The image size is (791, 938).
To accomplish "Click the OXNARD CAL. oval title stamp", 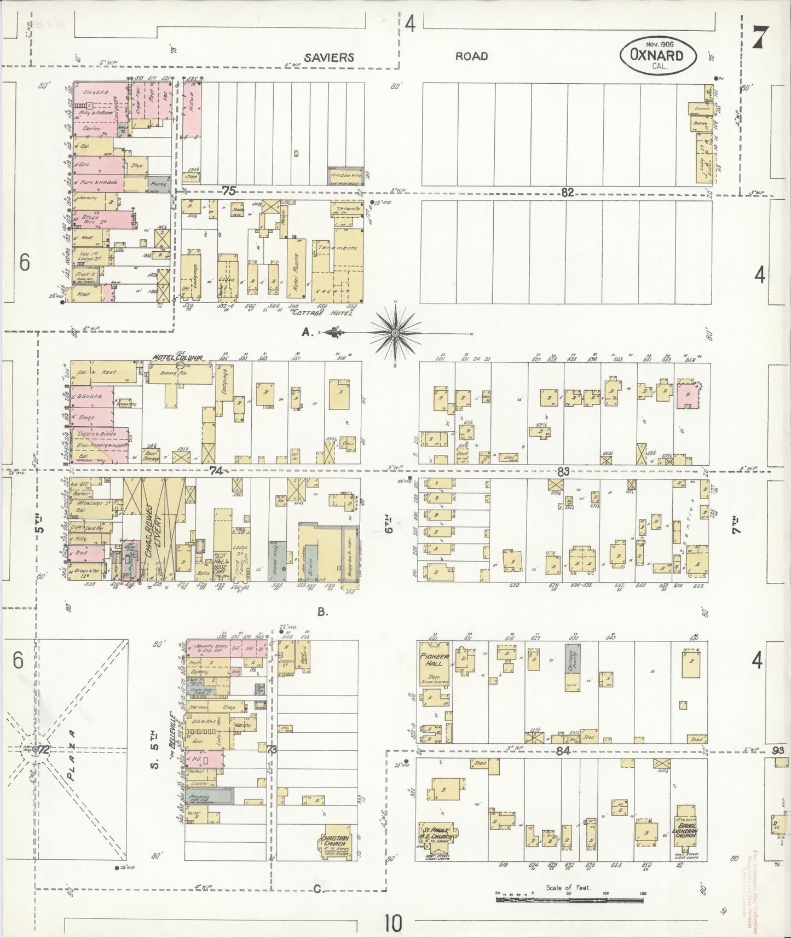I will pos(659,55).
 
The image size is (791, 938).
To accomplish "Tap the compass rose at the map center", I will pos(395,332).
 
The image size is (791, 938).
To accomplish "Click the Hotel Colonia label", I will pos(177,358).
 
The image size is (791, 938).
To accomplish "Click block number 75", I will pos(228,190).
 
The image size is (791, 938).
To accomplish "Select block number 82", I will pos(567,192).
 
